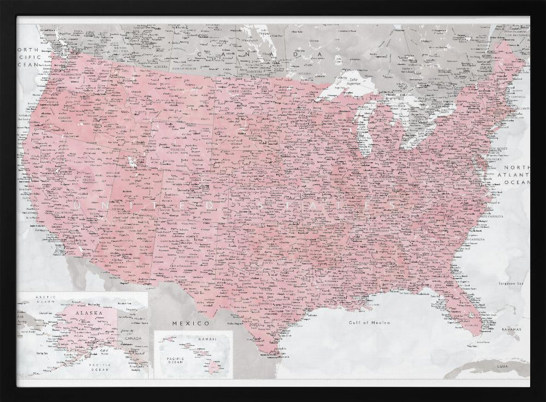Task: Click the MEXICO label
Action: click(191, 324)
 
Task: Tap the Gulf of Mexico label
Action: click(370, 323)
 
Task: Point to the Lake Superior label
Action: click(354, 84)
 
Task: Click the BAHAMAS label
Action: click(512, 330)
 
